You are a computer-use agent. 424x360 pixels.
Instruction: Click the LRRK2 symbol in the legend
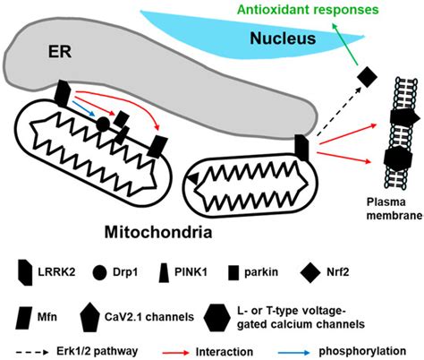tap(26, 268)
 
